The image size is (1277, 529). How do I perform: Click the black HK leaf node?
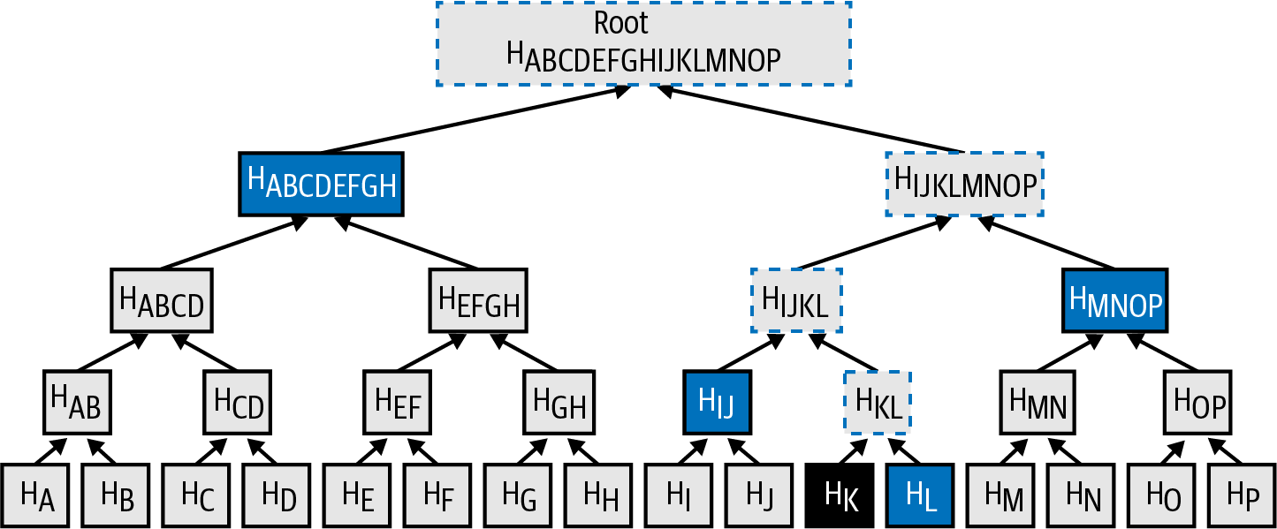click(x=840, y=495)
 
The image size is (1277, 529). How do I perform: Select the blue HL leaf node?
click(x=920, y=495)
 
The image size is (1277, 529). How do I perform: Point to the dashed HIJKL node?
click(x=796, y=300)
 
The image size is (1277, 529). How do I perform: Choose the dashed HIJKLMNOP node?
click(x=964, y=184)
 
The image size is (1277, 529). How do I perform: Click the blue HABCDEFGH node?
click(x=321, y=184)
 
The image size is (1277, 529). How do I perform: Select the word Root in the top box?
click(x=621, y=23)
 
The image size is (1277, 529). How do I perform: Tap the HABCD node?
click(x=162, y=300)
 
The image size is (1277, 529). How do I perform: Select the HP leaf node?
click(x=1242, y=495)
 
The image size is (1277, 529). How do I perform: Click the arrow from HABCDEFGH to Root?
click(x=468, y=120)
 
